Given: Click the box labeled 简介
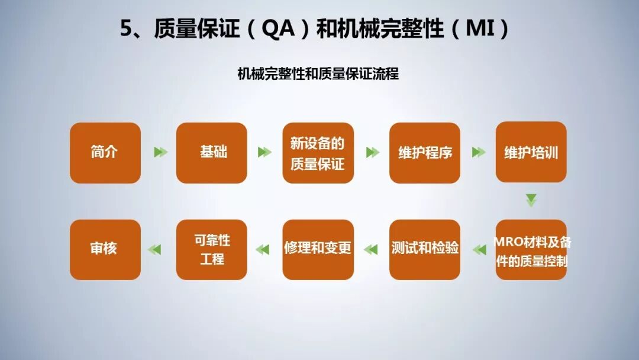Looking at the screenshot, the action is coord(105,153).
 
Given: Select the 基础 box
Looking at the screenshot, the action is coord(212,153).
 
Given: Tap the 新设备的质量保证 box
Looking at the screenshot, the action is coord(318,153).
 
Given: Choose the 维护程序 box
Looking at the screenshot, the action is coord(424,153).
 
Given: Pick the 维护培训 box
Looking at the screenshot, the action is coord(531,153).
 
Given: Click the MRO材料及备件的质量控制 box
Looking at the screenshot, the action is coord(531,250).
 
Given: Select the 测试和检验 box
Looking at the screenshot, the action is coord(424,249).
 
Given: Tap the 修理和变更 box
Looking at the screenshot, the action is coord(318,249).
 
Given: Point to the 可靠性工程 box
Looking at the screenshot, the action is coord(212,249).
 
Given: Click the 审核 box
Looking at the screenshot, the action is coord(105,249).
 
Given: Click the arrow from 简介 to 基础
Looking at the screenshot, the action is coord(160,152).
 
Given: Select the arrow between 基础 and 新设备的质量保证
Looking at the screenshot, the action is coord(264,152).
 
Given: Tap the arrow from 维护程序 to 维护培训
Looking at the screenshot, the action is coord(479,152).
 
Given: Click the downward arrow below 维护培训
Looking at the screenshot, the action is coord(531,200).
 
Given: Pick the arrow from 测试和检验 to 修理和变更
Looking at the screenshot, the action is coord(371,249).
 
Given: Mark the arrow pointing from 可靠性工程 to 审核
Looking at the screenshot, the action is coord(154,249).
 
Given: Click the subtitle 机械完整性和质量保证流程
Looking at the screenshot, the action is coord(318,74).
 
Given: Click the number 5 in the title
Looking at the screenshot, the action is coord(125,30).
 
